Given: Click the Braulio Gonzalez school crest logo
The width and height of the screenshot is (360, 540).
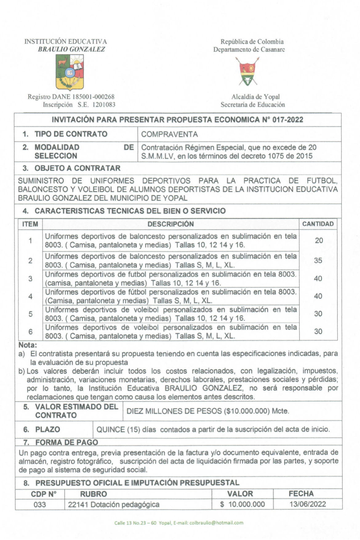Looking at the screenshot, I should (70, 72).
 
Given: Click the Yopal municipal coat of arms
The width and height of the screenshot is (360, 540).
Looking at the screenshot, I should (248, 71).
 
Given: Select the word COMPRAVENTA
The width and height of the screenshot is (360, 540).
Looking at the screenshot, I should (169, 135).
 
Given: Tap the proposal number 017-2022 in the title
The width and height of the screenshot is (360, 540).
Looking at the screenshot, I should (288, 120).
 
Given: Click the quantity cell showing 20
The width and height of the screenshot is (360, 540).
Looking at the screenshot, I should (319, 240).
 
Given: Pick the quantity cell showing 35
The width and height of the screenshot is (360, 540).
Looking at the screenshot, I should (318, 260).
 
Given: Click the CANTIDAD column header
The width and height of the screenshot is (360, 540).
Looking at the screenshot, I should (318, 224).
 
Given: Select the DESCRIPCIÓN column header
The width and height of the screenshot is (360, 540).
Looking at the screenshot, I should (170, 224).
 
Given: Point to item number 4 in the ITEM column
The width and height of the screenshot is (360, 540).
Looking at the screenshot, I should (30, 296).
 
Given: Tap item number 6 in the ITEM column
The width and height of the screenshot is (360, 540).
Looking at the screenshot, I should (30, 332).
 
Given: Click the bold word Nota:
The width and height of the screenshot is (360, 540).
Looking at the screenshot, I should (28, 345).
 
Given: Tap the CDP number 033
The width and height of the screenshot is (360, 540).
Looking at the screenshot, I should (40, 505).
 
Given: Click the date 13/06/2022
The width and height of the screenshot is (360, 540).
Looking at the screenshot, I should (307, 504).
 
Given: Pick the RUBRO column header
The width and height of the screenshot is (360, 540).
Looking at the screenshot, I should (93, 494).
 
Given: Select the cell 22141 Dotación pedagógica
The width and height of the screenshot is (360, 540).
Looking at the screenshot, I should (114, 505).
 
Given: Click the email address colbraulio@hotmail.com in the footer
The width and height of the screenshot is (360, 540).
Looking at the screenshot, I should (216, 523).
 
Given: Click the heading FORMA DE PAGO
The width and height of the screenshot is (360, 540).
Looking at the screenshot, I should (66, 442).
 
